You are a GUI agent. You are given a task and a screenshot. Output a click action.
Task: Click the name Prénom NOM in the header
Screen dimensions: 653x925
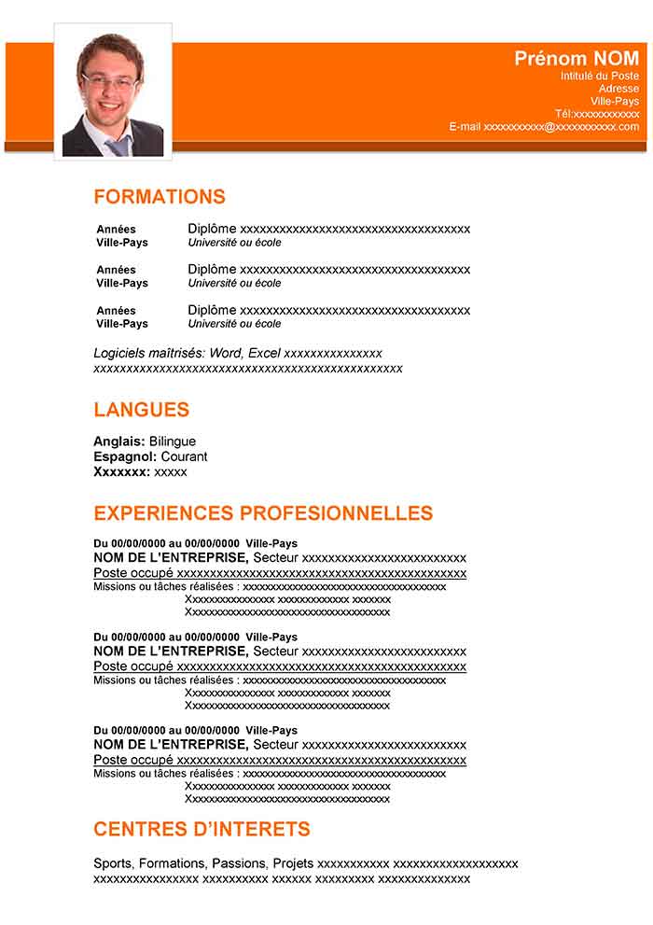pos(577,59)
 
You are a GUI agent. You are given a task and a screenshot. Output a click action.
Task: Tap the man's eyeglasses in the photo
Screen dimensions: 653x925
pos(109,80)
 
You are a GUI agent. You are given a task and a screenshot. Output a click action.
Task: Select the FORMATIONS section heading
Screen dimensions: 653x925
pos(160,197)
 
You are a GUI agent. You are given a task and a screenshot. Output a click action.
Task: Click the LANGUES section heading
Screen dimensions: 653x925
pos(141,410)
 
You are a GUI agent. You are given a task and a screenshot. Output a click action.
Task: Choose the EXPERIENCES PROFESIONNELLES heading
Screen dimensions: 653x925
pos(263,513)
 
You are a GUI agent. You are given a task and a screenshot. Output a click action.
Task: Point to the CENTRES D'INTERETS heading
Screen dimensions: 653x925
pos(201,829)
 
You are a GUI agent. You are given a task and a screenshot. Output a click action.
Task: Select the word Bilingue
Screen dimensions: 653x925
pos(173,441)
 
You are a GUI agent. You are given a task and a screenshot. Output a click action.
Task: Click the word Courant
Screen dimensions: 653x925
pos(184,456)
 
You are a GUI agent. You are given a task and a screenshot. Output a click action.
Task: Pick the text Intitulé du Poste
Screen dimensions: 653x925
pos(600,76)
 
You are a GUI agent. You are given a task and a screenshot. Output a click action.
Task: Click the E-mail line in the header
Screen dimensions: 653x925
pos(544,127)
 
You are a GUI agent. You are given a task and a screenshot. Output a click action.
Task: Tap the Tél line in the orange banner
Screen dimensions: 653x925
pos(597,114)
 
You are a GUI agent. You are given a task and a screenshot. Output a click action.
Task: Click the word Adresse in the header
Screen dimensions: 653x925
pos(618,89)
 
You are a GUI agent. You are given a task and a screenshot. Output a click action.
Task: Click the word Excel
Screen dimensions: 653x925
pos(264,353)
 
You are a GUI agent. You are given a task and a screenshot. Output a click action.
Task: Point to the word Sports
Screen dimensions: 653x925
pos(113,863)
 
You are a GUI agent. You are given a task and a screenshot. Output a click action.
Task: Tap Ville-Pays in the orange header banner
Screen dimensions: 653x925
pos(615,101)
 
